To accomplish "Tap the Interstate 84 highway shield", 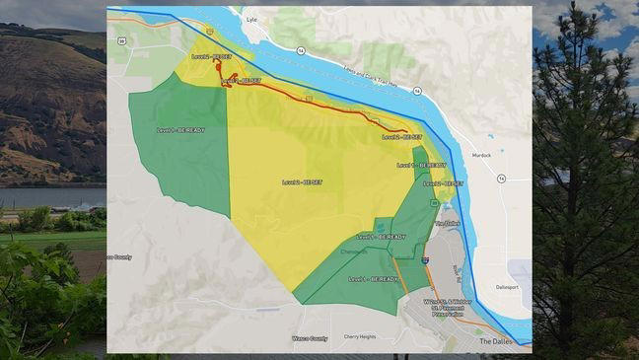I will click(424, 258).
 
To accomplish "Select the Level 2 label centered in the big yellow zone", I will click(303, 182).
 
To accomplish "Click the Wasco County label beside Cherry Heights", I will click(310, 337).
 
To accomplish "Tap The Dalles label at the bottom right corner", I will click(496, 341).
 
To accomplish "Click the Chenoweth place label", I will click(353, 252).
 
